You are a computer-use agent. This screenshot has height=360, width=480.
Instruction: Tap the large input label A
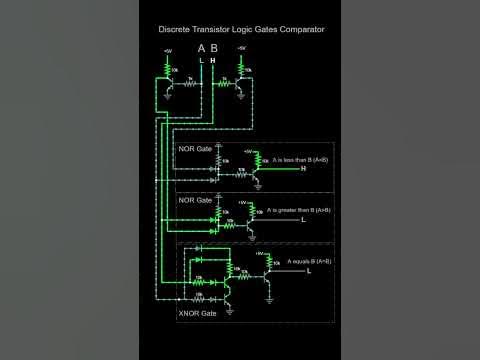(x=202, y=48)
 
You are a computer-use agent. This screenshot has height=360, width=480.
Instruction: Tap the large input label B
(x=214, y=48)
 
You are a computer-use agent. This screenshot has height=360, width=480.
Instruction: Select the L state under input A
(x=202, y=60)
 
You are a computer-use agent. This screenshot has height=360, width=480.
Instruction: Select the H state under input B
(x=213, y=60)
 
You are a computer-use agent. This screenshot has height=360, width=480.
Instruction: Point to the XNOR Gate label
(x=196, y=313)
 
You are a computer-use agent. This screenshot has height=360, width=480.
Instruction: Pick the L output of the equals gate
(x=308, y=271)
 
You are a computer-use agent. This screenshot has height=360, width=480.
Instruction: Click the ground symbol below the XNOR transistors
(x=229, y=311)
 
